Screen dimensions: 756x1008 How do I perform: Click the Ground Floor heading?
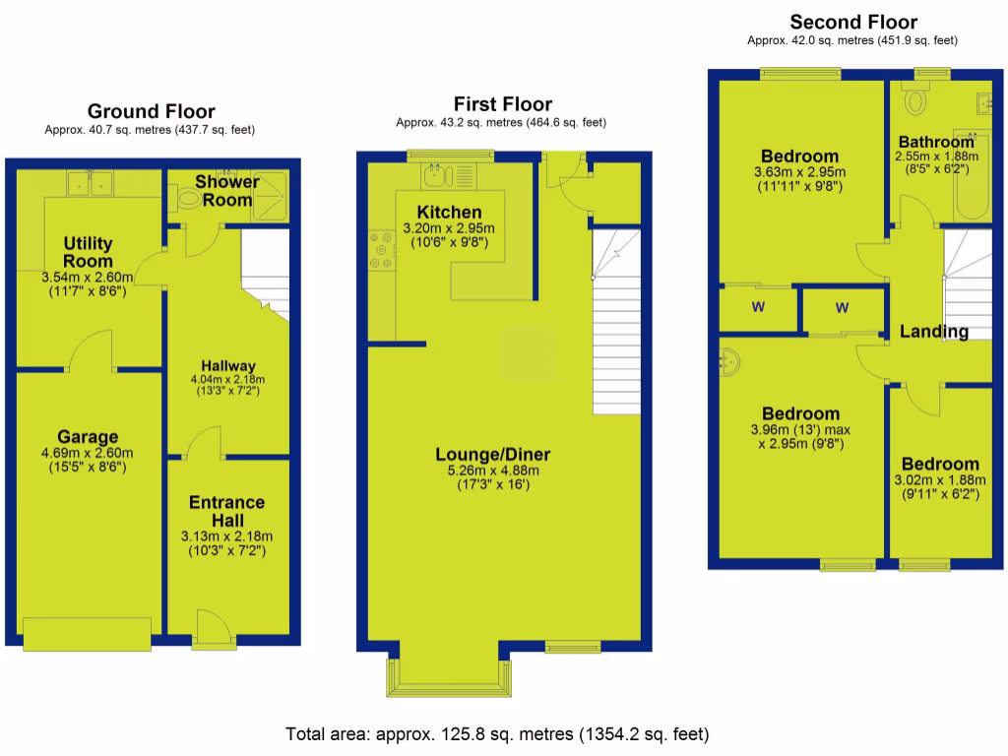[151, 111]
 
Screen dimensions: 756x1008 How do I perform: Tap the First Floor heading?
[502, 103]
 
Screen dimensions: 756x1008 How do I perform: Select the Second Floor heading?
[853, 22]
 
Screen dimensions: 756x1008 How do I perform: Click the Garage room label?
[88, 437]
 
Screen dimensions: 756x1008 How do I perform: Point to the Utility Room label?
[89, 252]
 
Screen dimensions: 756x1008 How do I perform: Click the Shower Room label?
[226, 190]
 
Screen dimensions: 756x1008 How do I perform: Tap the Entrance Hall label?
[226, 511]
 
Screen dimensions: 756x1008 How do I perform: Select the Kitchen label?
[449, 212]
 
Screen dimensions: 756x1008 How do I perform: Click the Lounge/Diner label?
[493, 454]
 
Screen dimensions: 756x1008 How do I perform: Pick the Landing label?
[933, 332]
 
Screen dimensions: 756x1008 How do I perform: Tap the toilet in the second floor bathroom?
[915, 97]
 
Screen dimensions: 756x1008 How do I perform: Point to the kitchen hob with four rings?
[379, 252]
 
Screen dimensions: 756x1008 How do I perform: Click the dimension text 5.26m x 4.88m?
[493, 471]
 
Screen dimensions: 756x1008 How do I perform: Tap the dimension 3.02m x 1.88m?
[940, 480]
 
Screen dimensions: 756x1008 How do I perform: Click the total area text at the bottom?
[497, 734]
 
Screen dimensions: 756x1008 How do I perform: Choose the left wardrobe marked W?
[758, 307]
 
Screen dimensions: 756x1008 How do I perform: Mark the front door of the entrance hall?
[210, 626]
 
